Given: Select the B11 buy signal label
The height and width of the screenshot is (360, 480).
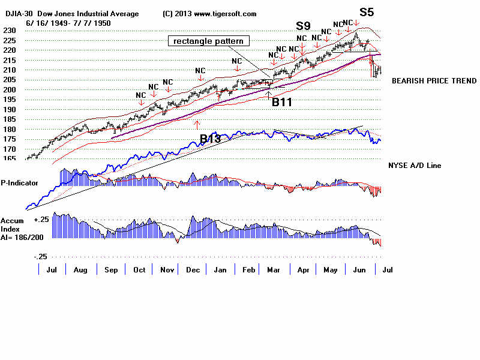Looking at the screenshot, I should [x=281, y=101].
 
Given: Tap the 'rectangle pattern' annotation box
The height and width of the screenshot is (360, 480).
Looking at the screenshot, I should [x=208, y=41].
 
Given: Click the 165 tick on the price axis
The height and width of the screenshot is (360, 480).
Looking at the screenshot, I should [x=8, y=159].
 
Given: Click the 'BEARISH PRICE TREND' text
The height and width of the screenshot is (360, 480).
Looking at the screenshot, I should [x=434, y=80].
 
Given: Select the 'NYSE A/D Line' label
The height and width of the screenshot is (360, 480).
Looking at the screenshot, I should [x=415, y=165].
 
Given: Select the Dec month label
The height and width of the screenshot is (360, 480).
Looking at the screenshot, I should [x=193, y=271].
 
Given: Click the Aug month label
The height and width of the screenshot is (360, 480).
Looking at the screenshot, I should [x=80, y=271].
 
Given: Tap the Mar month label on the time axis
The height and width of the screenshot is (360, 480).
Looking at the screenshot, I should [x=274, y=271].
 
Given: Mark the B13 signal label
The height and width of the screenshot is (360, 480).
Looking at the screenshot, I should [x=210, y=139].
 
